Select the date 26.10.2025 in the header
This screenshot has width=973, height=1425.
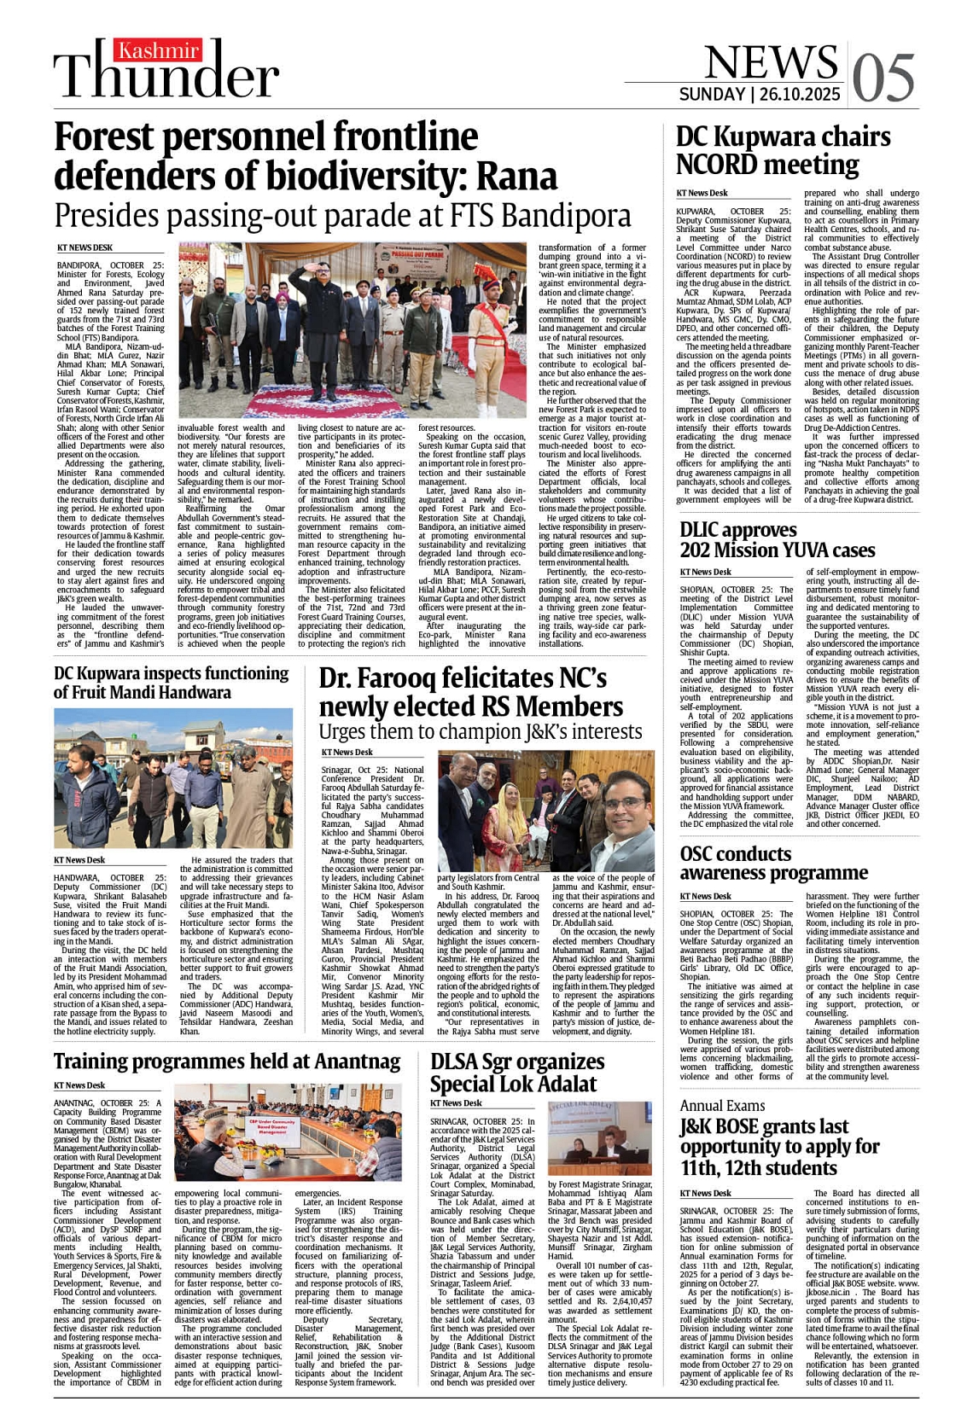[x=801, y=95]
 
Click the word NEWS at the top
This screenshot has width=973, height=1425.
[x=770, y=61]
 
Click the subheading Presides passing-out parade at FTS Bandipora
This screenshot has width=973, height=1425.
[x=341, y=215]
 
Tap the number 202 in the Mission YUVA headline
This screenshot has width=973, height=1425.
[x=701, y=550]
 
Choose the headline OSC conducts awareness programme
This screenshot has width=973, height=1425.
[x=773, y=863]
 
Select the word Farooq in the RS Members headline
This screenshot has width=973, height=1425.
[x=410, y=678]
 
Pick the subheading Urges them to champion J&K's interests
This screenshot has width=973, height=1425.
[x=480, y=732]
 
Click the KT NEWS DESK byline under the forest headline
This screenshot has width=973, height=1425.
[x=84, y=247]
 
